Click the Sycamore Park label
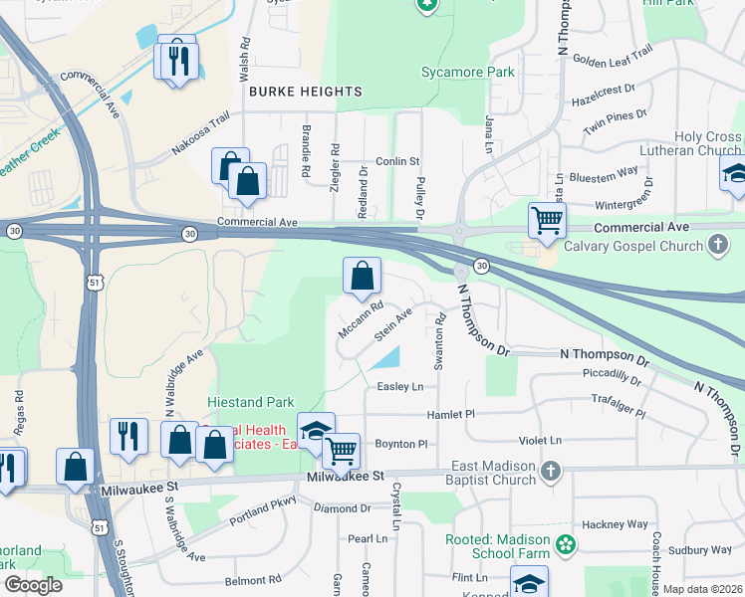tap(467, 72)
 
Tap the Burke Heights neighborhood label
tap(305, 92)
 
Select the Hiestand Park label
tap(250, 402)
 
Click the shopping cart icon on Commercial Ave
tap(547, 219)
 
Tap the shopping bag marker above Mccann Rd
tap(363, 274)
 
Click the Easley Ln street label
tap(399, 386)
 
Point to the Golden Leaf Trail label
tap(613, 61)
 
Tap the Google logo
tap(33, 585)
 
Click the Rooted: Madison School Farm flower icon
tap(567, 544)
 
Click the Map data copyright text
tap(702, 589)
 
